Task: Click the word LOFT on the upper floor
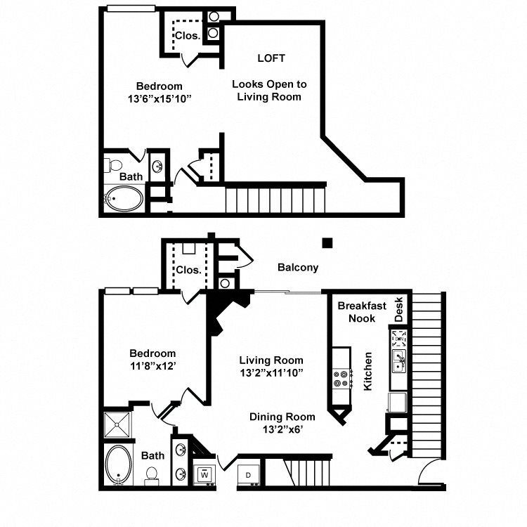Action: [x=271, y=58]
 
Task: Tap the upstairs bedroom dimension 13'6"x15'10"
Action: [x=156, y=99]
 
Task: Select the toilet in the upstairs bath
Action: [x=113, y=165]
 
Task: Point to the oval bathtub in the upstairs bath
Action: [x=124, y=199]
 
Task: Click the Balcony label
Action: [x=298, y=267]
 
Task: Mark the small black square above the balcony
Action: [x=327, y=243]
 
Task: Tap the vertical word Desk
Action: [x=399, y=309]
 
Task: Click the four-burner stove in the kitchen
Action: [x=342, y=379]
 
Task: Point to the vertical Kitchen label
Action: [x=367, y=372]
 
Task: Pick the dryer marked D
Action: [x=249, y=475]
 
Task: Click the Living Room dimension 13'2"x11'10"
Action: [x=270, y=372]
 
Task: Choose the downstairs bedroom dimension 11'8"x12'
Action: [x=152, y=366]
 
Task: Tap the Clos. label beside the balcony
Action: [x=188, y=270]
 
